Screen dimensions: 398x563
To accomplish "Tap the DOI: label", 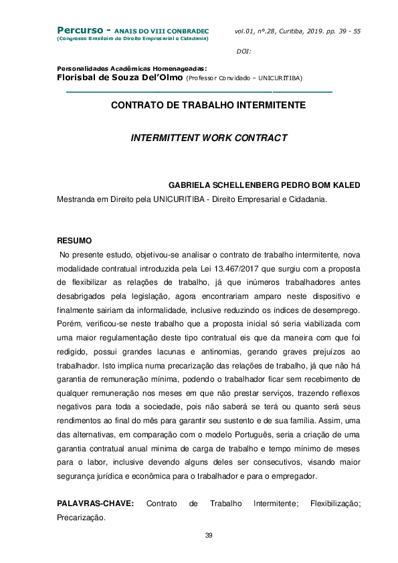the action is (x=244, y=51).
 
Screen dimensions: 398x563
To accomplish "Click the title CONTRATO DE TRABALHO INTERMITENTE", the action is (x=208, y=106).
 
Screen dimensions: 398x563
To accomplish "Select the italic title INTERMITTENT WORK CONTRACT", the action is (x=209, y=138).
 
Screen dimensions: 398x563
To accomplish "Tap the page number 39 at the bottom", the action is (x=208, y=536).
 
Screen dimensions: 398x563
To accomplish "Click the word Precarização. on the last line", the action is (x=81, y=517).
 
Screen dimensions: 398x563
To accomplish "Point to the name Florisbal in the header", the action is (x=79, y=77).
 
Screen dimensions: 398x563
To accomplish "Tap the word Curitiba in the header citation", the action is (x=290, y=31).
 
